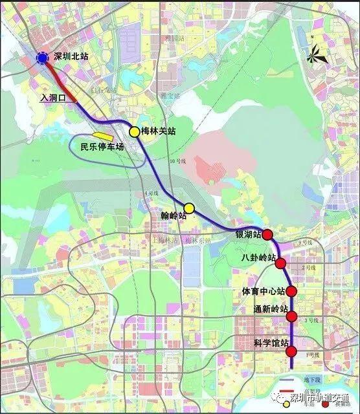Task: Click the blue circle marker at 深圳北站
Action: [42, 58]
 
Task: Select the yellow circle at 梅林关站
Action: [134, 131]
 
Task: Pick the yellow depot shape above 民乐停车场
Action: [103, 136]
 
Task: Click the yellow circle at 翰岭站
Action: [189, 208]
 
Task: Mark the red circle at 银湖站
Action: [267, 235]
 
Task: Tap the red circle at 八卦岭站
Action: [280, 263]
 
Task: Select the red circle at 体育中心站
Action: [291, 291]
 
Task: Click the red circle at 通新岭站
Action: [292, 316]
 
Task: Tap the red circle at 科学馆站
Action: [291, 352]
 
